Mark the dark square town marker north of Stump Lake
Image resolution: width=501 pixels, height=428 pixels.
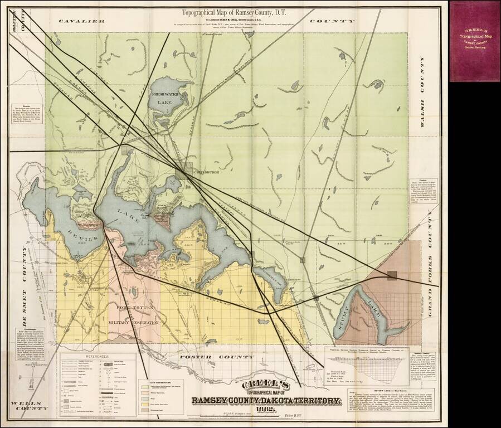[392, 275]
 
